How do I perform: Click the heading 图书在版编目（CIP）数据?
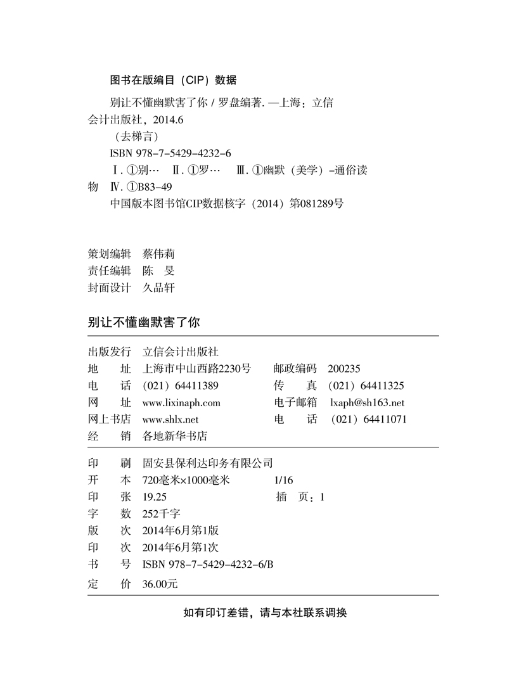(173, 80)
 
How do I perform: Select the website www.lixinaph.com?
(181, 402)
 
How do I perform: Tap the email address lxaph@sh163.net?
(367, 402)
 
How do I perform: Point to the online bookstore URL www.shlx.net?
(170, 419)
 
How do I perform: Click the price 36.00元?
(161, 585)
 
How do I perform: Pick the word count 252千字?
(162, 514)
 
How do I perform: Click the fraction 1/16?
(285, 480)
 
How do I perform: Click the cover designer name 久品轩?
(158, 288)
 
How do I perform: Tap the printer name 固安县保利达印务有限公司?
(208, 463)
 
